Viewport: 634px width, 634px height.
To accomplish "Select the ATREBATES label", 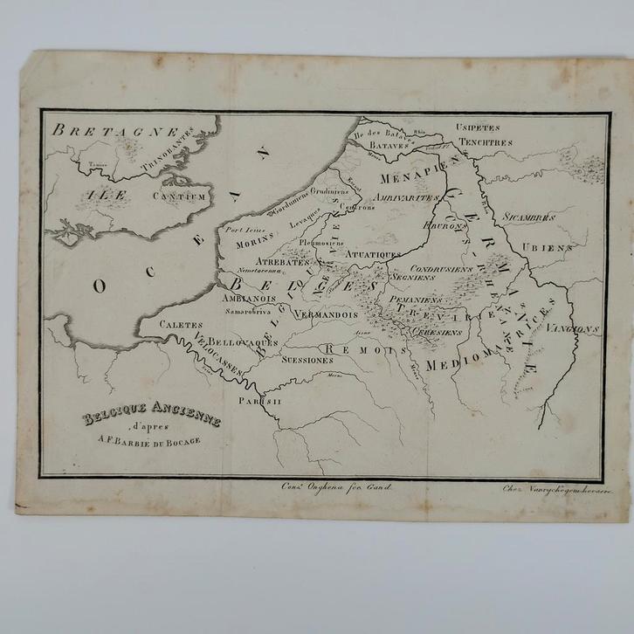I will pos(282,261).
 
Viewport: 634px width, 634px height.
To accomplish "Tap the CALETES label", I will pos(181,324).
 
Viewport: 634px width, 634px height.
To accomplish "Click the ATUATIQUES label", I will pos(373,254).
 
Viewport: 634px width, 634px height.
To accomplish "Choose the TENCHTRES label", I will pos(484,141).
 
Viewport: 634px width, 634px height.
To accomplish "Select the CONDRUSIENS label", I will pos(442,268).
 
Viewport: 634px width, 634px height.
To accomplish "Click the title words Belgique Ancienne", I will pos(152,417).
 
